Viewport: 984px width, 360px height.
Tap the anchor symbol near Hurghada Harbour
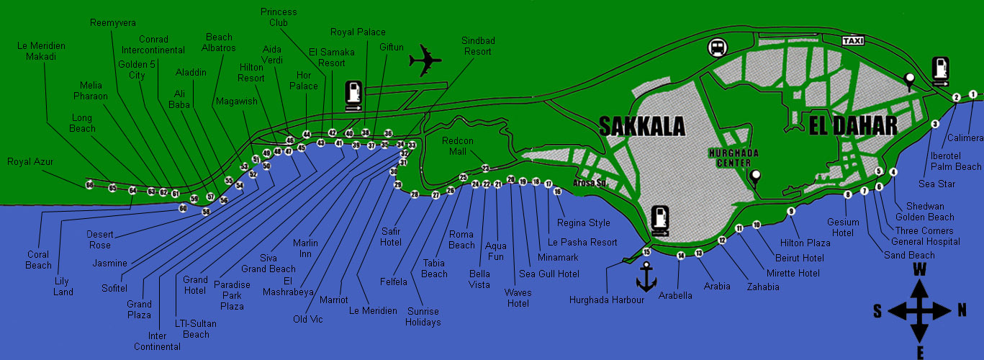coord(646,276)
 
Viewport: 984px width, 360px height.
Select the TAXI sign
coord(852,41)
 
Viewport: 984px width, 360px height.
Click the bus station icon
coord(716,48)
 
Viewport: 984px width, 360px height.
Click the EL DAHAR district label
coord(853,126)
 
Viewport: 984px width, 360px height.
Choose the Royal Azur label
coord(30,162)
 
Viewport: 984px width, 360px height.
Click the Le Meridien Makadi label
coord(41,51)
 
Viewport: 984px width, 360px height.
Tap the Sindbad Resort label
coord(477,46)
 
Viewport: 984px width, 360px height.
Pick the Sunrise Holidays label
coord(423,317)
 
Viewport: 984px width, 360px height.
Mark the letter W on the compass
coord(919,269)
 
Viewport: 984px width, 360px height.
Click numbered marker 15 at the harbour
coord(646,252)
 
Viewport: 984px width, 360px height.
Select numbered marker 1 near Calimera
coord(972,94)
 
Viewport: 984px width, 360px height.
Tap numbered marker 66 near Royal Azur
coord(90,185)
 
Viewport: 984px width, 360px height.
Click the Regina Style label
coord(583,223)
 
